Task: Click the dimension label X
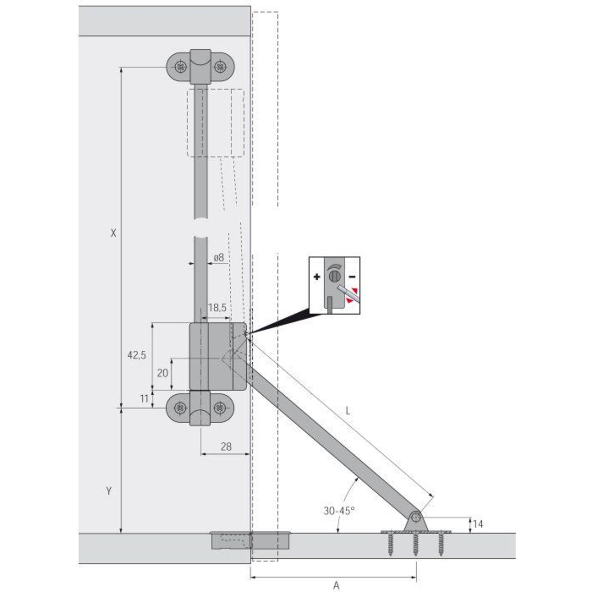tap(113, 234)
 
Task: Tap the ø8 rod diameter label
tap(219, 257)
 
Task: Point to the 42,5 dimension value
tap(137, 355)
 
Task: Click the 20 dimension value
tap(162, 373)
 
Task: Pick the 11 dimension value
tap(144, 399)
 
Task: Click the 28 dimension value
tap(226, 446)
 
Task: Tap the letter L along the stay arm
tap(348, 411)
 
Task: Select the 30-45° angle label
tap(339, 511)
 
